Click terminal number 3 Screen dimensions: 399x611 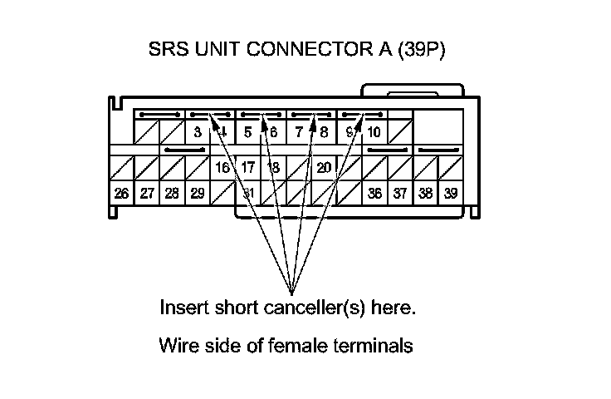(x=198, y=131)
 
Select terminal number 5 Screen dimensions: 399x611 (x=247, y=131)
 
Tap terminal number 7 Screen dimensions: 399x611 (x=298, y=131)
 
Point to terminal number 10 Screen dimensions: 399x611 (x=374, y=131)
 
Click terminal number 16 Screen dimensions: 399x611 (x=222, y=167)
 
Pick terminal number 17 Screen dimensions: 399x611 (x=247, y=167)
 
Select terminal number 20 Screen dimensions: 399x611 (x=324, y=167)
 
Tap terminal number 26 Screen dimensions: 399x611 (x=121, y=194)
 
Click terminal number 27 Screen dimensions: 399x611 (x=147, y=194)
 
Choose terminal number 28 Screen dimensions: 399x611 (x=172, y=194)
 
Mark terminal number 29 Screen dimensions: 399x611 (x=198, y=194)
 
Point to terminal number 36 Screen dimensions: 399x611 (x=374, y=194)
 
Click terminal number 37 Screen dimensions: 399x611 (x=400, y=194)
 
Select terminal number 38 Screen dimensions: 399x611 (x=425, y=194)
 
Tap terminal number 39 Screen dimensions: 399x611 (x=451, y=194)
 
